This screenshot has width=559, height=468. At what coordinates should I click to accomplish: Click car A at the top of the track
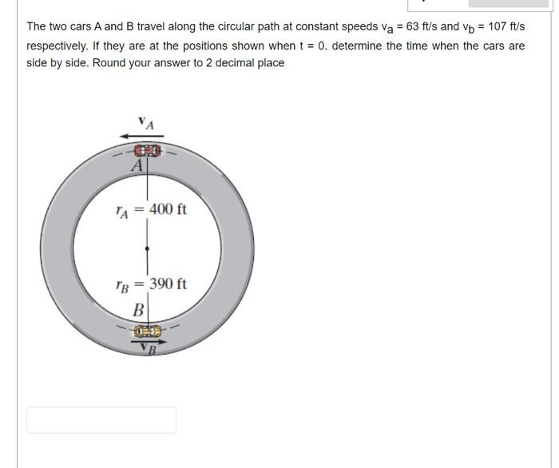(147, 150)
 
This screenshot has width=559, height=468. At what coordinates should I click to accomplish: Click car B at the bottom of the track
(147, 331)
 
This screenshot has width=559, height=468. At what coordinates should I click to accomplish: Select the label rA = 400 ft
(151, 210)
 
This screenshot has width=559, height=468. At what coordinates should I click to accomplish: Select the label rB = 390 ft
(151, 284)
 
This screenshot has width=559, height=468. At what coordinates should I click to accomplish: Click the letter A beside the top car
(137, 166)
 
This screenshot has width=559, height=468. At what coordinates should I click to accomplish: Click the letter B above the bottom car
(138, 309)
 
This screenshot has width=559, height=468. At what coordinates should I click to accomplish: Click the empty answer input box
(101, 420)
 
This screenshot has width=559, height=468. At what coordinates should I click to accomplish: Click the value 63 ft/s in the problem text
(416, 27)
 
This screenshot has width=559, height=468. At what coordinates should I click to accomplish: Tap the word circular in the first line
(226, 27)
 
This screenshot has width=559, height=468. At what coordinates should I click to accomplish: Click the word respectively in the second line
(58, 46)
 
